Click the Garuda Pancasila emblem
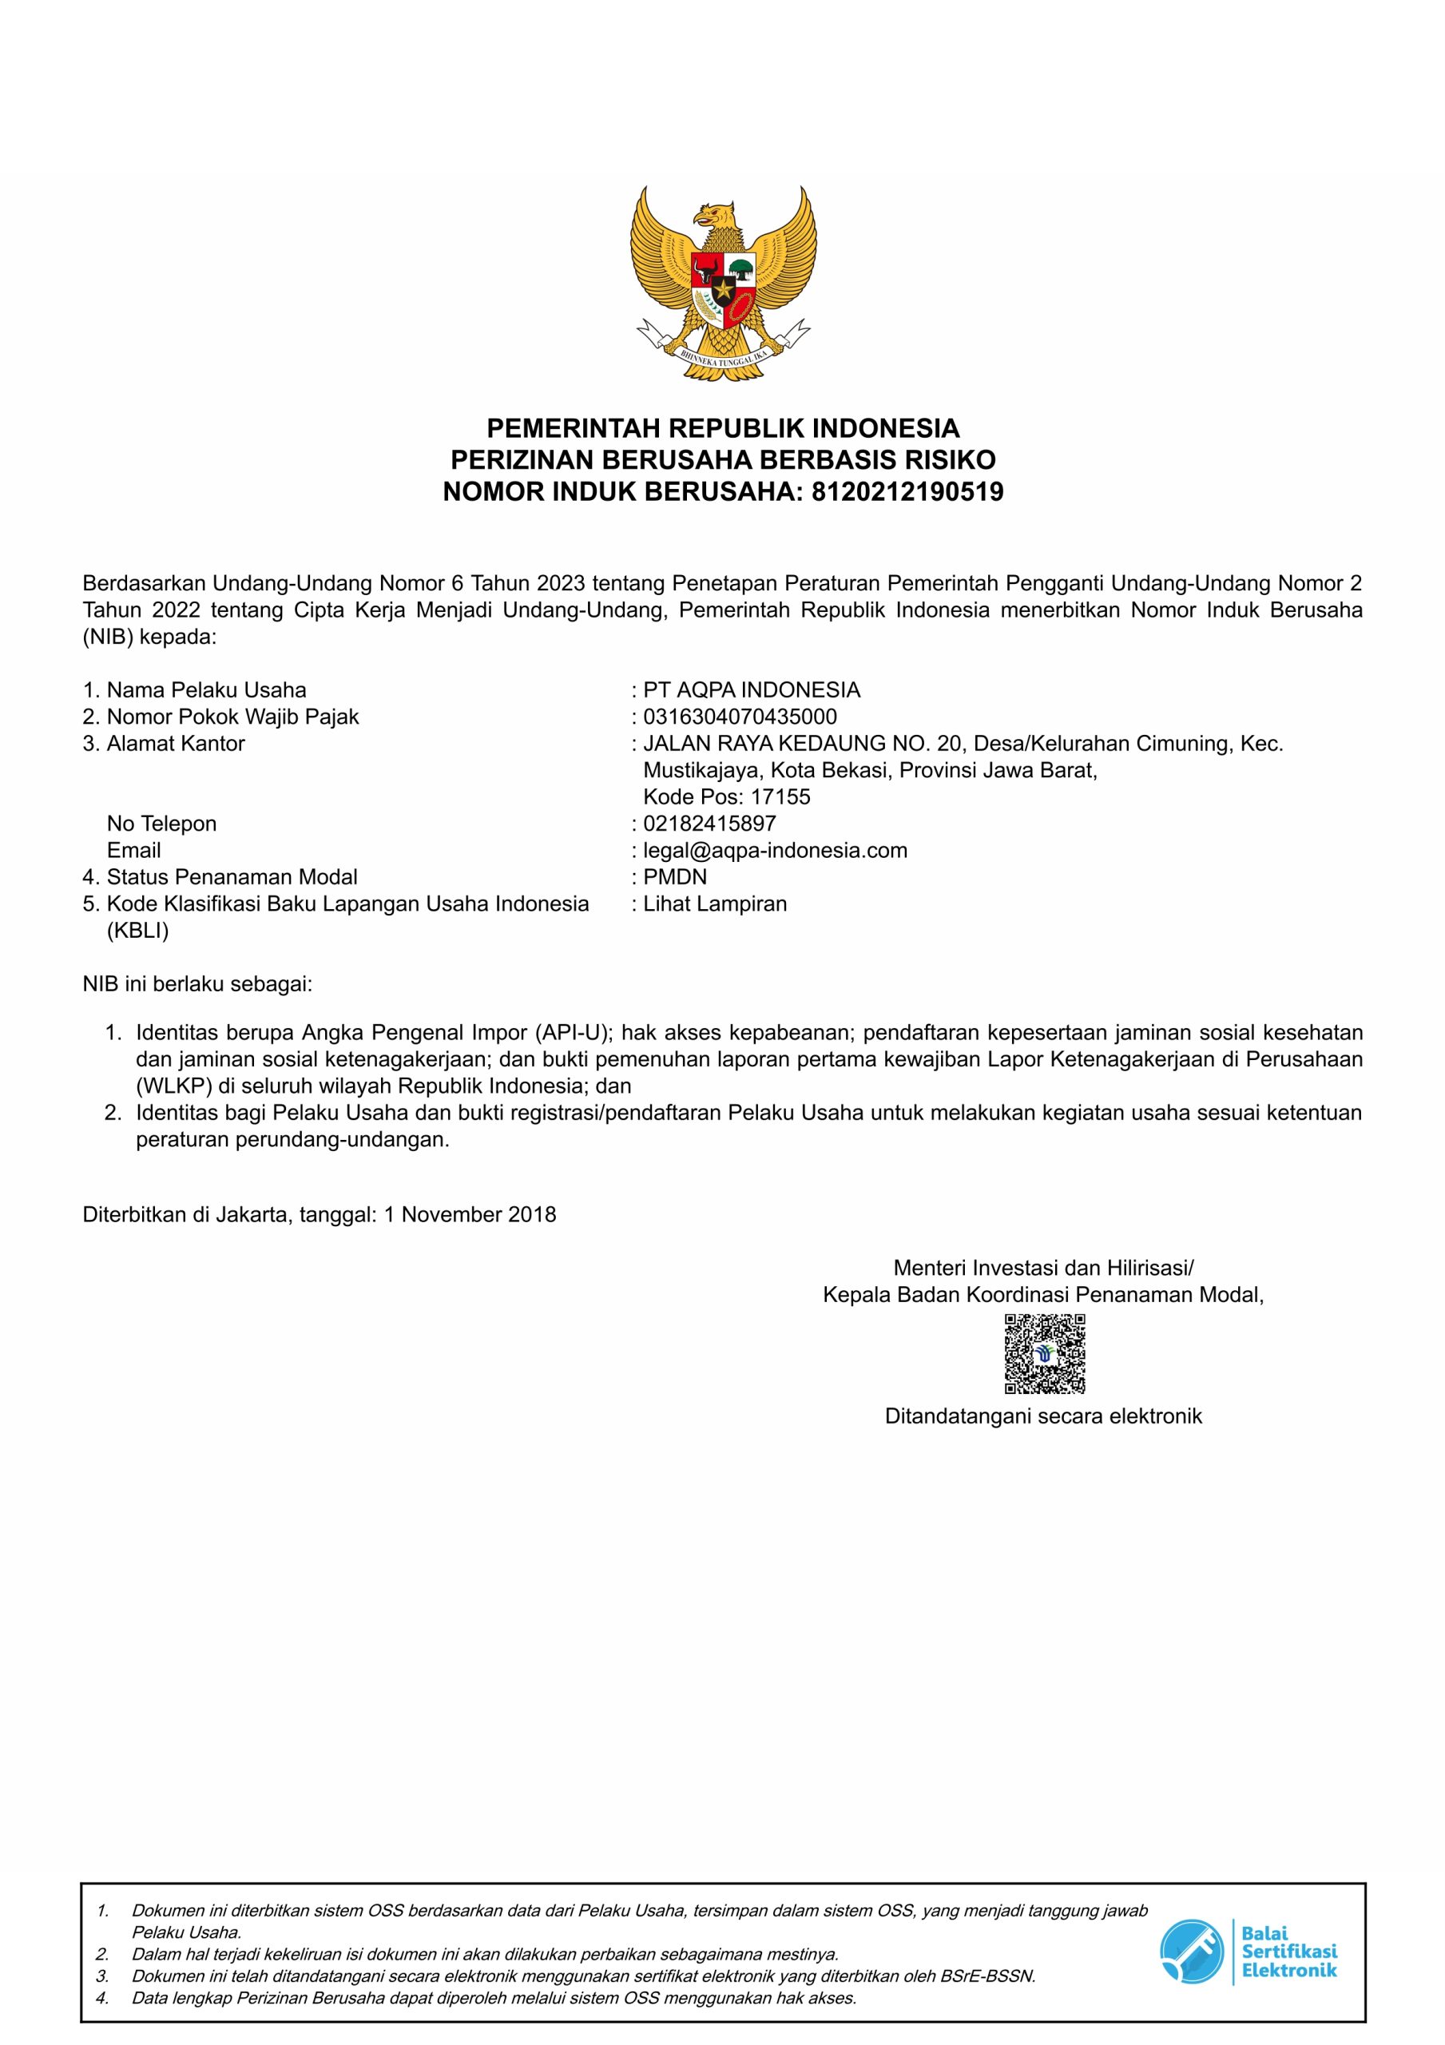tap(722, 284)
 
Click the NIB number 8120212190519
tap(907, 491)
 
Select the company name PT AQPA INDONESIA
tap(751, 689)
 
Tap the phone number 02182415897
tap(709, 823)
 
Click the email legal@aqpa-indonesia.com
tap(774, 850)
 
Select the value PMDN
tap(674, 876)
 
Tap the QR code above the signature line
tap(1044, 1353)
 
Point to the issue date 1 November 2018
tap(470, 1214)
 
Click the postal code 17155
tap(780, 796)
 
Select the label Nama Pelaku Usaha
tap(206, 689)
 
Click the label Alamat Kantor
tap(175, 743)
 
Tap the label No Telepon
tap(161, 823)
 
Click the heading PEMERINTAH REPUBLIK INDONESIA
tap(722, 428)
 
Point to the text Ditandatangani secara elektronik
tap(1042, 1416)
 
